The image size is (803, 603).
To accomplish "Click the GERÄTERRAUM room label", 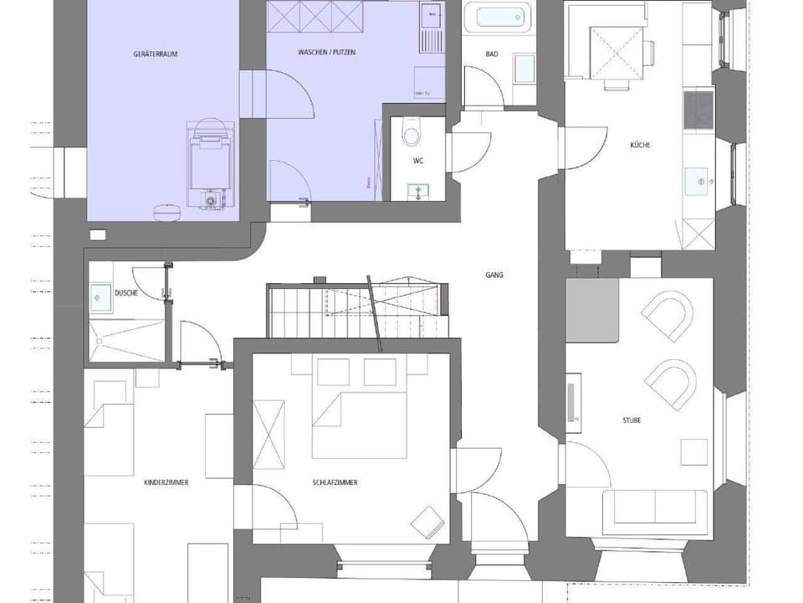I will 156,54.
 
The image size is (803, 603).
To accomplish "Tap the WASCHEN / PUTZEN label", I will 326,53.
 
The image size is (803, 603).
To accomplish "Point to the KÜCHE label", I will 641,145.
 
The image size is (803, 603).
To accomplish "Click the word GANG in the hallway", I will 494,274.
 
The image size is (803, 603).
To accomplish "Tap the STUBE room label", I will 632,420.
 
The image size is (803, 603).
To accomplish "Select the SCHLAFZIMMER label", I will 335,482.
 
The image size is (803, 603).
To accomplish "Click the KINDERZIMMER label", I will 166,482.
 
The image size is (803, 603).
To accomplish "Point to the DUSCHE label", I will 126,293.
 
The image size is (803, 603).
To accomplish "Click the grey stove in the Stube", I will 591,311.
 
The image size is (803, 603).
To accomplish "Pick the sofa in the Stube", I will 654,507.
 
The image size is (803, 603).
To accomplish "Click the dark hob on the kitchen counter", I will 698,110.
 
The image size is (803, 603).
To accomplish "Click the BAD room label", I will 492,54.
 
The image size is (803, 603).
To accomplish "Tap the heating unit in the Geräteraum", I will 208,163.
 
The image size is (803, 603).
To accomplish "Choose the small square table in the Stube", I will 693,452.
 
